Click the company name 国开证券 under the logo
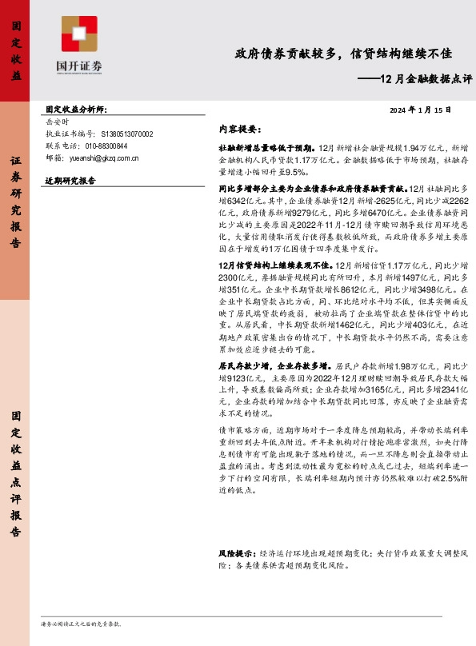[79, 67]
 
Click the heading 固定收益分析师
[76, 109]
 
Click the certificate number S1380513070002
[127, 134]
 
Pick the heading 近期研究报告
[70, 181]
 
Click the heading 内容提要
[239, 128]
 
